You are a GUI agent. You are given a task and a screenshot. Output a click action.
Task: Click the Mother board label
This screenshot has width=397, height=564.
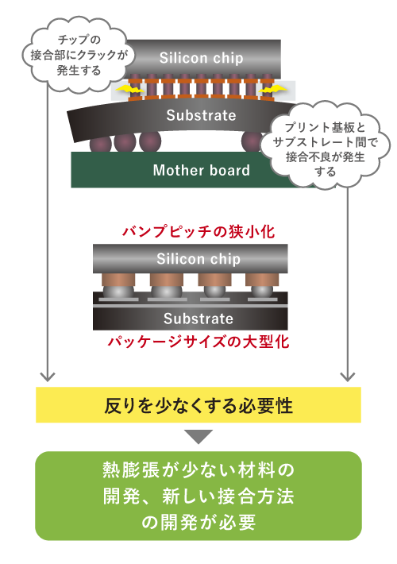pyautogui.click(x=201, y=170)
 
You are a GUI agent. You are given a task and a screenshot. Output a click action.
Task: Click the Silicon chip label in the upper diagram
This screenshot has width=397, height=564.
pyautogui.click(x=201, y=58)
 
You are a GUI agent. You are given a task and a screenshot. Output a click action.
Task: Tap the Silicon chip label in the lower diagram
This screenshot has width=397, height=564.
pyautogui.click(x=198, y=259)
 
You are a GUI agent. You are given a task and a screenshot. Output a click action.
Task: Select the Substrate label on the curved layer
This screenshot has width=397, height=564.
pyautogui.click(x=201, y=115)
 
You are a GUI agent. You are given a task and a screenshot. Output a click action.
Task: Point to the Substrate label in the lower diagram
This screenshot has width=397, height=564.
pyautogui.click(x=198, y=319)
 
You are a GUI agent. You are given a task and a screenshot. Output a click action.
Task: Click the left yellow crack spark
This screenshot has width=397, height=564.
pyautogui.click(x=129, y=88)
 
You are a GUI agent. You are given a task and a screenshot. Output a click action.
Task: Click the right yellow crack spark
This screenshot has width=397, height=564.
pyautogui.click(x=273, y=89)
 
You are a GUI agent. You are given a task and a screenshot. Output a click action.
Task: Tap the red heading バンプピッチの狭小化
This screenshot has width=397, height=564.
pyautogui.click(x=198, y=232)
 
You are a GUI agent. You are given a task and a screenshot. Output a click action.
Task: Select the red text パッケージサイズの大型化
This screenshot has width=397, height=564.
pyautogui.click(x=198, y=342)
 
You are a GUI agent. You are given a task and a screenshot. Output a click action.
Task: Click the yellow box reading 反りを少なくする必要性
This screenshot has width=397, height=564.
pyautogui.click(x=198, y=405)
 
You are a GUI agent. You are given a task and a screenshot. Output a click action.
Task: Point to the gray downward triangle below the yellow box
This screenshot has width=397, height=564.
pyautogui.click(x=198, y=437)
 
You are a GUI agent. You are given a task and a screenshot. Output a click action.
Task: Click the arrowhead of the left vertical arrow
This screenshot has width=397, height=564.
pyautogui.click(x=48, y=377)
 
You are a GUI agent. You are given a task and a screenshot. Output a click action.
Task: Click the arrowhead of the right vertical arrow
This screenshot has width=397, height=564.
pyautogui.click(x=348, y=377)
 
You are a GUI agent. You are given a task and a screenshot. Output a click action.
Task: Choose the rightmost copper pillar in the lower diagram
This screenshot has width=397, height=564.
pyautogui.click(x=262, y=280)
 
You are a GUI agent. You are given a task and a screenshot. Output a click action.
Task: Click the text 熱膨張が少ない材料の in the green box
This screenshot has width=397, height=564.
pyautogui.click(x=198, y=469)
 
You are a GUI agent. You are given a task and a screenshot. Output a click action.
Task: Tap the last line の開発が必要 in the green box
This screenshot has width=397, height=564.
pyautogui.click(x=198, y=522)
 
